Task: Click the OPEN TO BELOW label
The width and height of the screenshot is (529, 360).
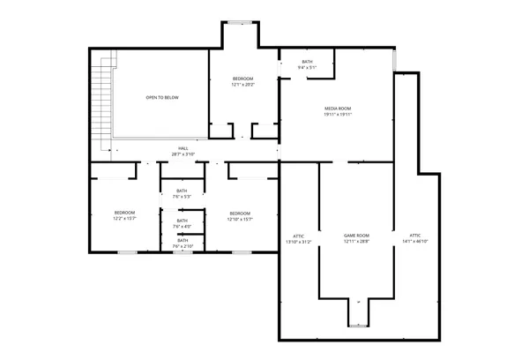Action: pos(162,97)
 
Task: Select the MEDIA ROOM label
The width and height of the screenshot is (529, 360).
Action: pos(337,109)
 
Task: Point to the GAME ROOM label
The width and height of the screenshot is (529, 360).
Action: pos(355,235)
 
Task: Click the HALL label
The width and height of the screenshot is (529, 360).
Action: pos(183,148)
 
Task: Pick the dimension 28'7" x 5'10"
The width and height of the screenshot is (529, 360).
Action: pos(183,154)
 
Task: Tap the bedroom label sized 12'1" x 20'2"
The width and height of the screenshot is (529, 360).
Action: pos(242,79)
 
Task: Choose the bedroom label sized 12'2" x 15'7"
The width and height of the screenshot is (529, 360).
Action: pos(124,213)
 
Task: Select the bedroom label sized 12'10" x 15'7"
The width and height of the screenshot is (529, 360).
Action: pos(240,213)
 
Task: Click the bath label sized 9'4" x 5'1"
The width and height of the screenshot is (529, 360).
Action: pos(307,62)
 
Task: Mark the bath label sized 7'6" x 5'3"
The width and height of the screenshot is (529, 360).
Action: pos(182,191)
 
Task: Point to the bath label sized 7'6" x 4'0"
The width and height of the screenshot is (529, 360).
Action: pos(182,221)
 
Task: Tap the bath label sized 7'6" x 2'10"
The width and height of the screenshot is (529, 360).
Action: pos(182,240)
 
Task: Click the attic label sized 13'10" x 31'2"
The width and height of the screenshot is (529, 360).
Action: pos(299,236)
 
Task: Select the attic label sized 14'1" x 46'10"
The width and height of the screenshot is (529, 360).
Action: pos(415,236)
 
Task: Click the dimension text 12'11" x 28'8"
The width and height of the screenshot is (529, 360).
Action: pos(355,241)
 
